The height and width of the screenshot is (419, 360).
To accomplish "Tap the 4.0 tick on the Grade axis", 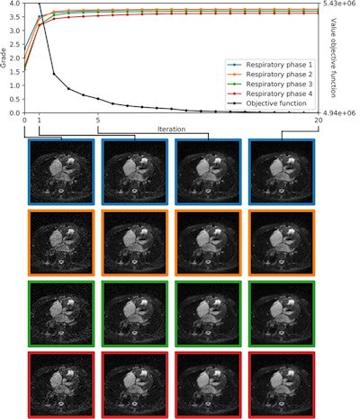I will (x=14, y=4).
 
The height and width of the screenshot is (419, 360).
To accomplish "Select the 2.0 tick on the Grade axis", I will (x=14, y=58).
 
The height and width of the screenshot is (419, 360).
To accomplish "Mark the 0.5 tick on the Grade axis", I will (x=14, y=99).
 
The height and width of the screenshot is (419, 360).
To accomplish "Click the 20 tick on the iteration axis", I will (x=319, y=120).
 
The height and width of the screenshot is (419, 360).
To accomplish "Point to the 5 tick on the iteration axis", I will (x=97, y=120).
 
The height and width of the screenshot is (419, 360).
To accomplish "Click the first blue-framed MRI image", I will (x=61, y=171).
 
